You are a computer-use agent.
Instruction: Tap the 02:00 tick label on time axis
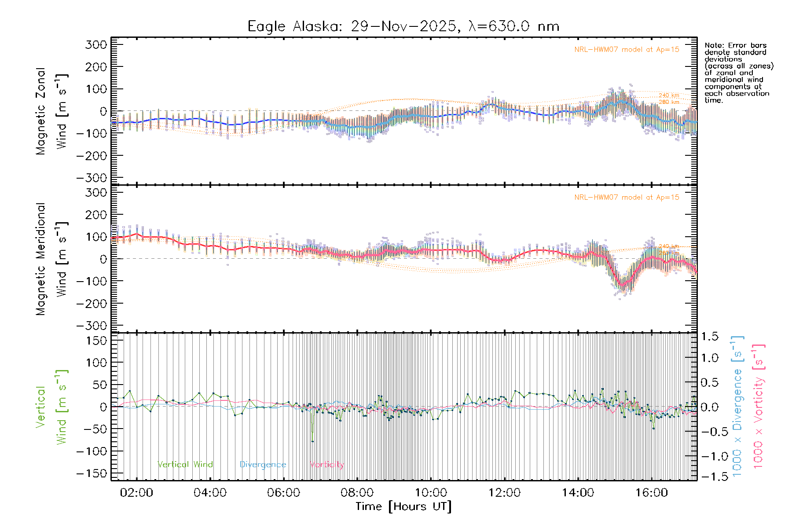(136, 493)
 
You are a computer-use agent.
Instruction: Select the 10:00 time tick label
(431, 493)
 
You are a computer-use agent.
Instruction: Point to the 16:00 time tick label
(652, 493)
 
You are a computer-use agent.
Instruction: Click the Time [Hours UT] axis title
(403, 507)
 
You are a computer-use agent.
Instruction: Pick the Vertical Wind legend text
(185, 465)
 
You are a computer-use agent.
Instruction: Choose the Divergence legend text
(263, 465)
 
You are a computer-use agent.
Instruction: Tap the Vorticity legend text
(326, 465)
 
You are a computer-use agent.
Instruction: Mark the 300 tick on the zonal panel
(96, 45)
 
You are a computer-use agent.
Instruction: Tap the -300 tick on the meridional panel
(92, 326)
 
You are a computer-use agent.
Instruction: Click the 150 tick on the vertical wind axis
(96, 341)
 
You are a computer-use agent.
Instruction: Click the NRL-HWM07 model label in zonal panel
(627, 50)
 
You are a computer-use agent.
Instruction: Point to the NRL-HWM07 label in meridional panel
(627, 198)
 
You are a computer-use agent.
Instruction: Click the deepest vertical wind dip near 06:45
(312, 441)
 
